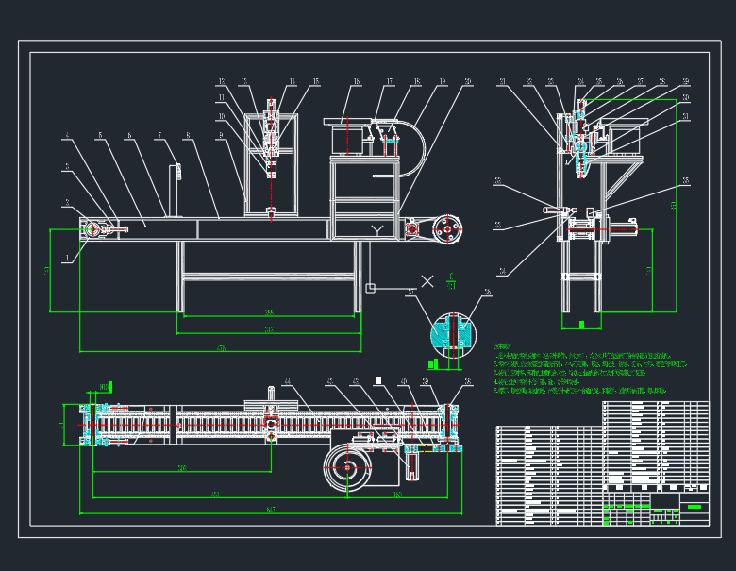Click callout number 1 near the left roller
(x=67, y=256)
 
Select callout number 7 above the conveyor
(x=160, y=134)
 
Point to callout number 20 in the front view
(x=468, y=83)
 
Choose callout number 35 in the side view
(x=685, y=179)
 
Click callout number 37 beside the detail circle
(x=410, y=294)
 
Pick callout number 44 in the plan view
(x=287, y=382)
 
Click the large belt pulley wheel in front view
(x=448, y=228)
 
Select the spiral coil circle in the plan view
(x=347, y=468)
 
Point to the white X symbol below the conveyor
(x=427, y=280)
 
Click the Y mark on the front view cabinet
(x=376, y=229)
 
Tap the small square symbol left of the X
(x=370, y=288)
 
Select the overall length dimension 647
(x=271, y=510)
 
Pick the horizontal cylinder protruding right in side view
(x=623, y=227)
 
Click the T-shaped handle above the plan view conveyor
(x=270, y=395)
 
